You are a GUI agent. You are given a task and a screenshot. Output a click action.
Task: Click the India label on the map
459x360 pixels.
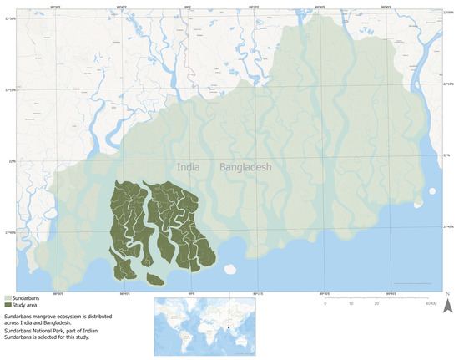189,166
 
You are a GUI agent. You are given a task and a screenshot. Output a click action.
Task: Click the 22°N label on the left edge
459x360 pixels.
9,161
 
